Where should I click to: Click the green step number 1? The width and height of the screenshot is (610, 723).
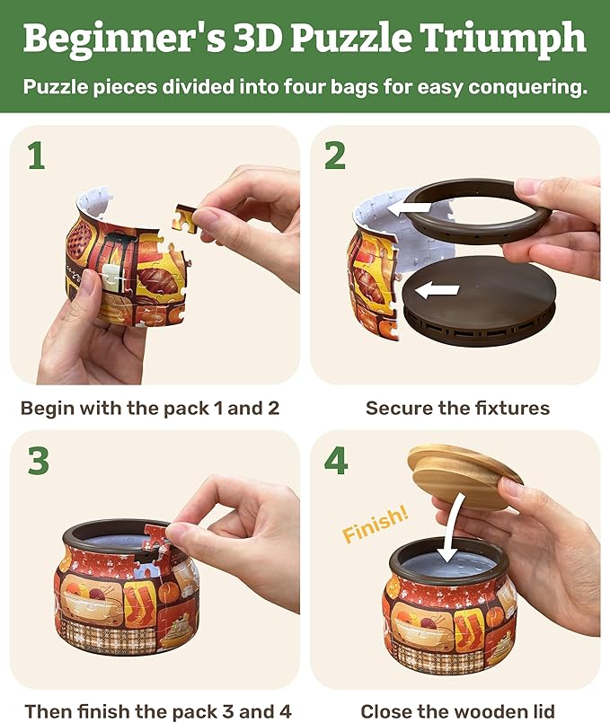point(37,156)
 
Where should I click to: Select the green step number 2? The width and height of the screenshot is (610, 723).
point(335,156)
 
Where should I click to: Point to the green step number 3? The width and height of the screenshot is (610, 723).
point(39,460)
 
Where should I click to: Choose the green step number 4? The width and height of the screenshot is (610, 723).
point(336,460)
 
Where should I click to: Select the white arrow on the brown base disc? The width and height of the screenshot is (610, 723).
point(438,290)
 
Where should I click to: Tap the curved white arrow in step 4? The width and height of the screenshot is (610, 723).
point(455,525)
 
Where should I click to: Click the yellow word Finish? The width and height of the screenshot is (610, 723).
point(376,524)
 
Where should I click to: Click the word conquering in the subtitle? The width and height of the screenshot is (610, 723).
point(527,87)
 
